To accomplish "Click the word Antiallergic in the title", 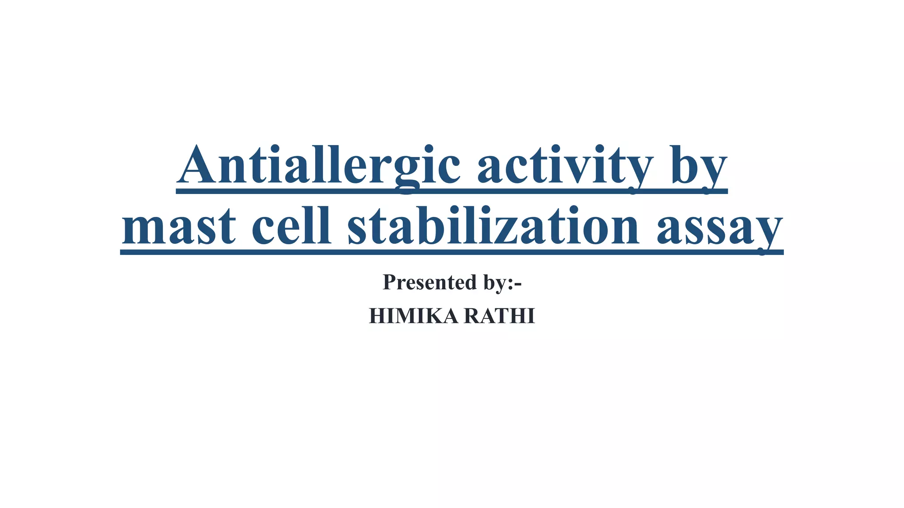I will pyautogui.click(x=318, y=165).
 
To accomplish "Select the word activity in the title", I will pyautogui.click(x=565, y=165).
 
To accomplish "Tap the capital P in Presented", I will pyautogui.click(x=390, y=282).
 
